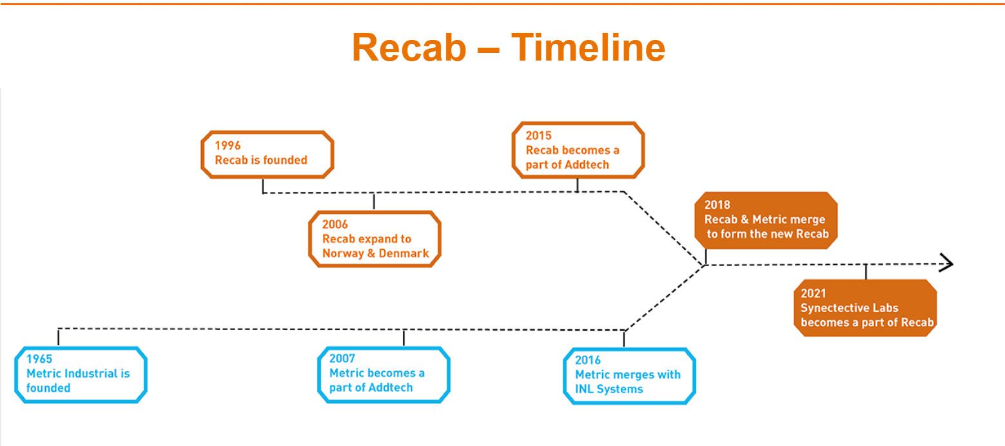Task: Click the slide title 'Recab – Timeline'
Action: (508, 48)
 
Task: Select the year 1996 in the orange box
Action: (228, 146)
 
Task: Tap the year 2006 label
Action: (335, 224)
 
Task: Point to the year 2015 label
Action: (539, 135)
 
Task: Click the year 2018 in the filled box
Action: (717, 205)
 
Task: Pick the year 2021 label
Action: (813, 293)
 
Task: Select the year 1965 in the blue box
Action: (39, 359)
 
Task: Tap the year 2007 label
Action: (342, 358)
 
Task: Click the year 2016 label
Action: (588, 360)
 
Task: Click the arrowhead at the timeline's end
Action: (946, 263)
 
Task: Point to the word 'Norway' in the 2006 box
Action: (342, 253)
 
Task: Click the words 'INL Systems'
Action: (609, 389)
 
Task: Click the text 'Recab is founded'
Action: (261, 160)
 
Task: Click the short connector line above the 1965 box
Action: (59, 337)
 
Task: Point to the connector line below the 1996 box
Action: (263, 186)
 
